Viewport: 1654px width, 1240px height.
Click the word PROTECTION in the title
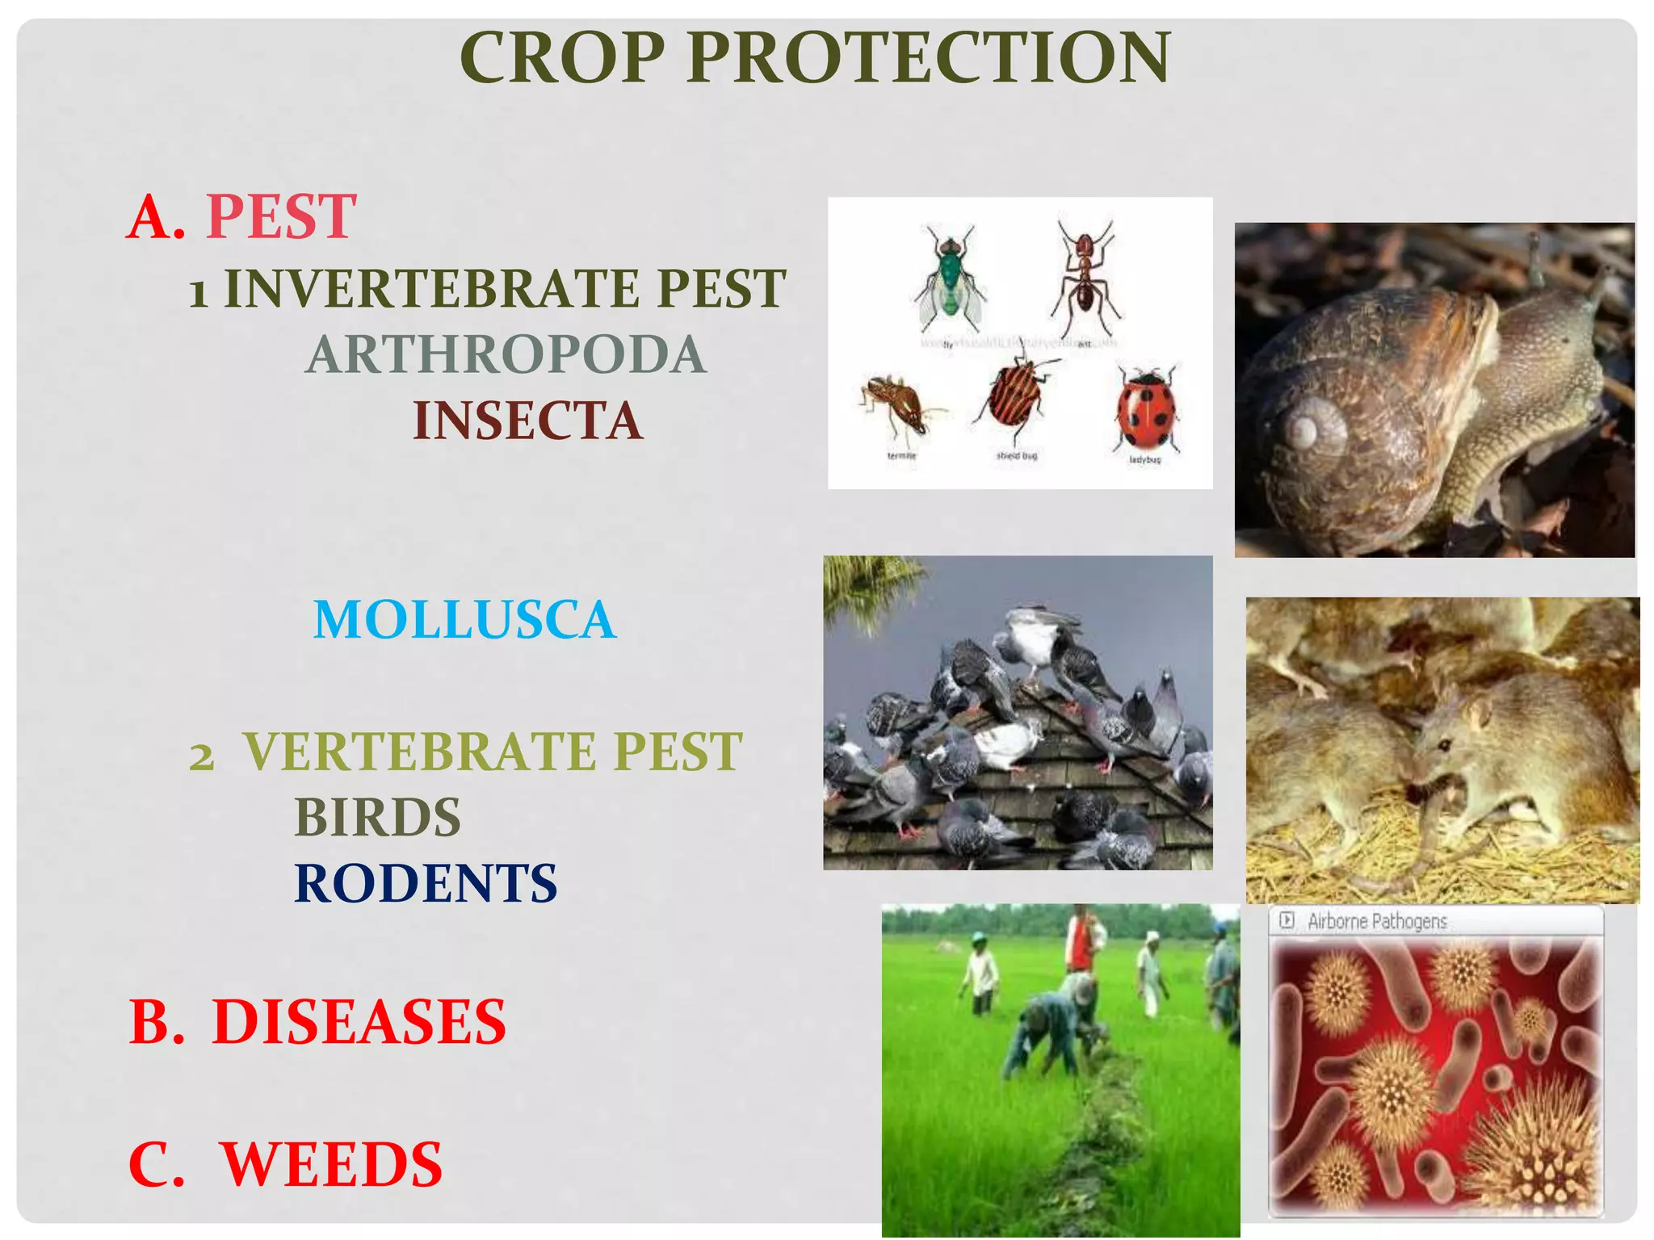(929, 58)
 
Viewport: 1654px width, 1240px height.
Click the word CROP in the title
(562, 58)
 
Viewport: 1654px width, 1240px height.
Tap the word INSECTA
(528, 421)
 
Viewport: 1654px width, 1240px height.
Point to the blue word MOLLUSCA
(464, 620)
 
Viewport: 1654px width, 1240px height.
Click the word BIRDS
(377, 817)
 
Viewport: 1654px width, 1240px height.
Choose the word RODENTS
(426, 883)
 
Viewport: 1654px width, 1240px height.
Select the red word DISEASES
(359, 1022)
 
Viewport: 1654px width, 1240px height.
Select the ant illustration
(1085, 279)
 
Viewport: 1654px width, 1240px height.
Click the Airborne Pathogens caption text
(1377, 921)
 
